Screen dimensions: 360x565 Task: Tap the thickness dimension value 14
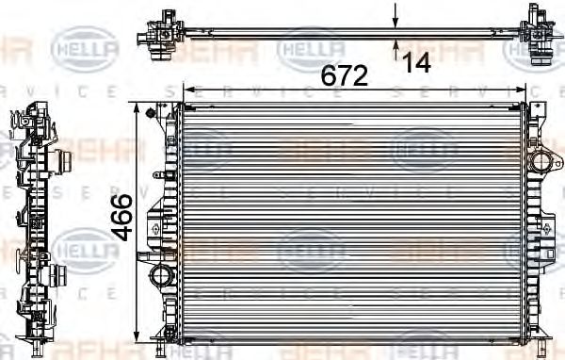pos(416,64)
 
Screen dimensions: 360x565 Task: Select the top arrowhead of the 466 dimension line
pos(142,108)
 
